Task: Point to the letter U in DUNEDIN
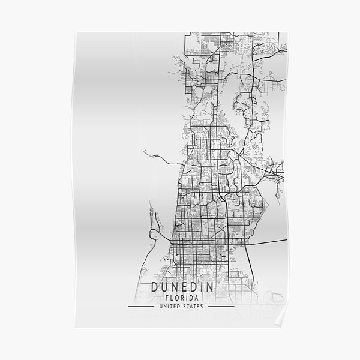coord(166,287)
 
